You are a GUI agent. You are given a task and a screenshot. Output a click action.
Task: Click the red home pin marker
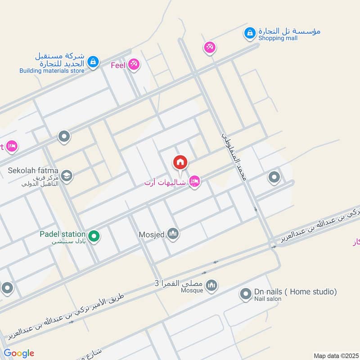point(180,162)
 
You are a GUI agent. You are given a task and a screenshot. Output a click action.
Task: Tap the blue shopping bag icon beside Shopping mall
point(249,32)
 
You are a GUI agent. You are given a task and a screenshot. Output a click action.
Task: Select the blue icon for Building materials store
point(93,61)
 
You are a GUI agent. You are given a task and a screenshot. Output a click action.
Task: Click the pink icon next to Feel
point(133,65)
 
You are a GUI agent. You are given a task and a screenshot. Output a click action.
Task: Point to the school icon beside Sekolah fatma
point(67,175)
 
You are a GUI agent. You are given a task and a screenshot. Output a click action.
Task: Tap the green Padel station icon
point(94,235)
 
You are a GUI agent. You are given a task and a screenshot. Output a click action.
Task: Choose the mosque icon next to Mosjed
point(173,234)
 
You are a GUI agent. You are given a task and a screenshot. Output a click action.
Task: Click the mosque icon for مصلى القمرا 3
point(211,285)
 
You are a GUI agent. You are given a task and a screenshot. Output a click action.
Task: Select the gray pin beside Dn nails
point(245,295)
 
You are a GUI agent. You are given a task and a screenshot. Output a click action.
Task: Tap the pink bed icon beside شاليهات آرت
point(194,181)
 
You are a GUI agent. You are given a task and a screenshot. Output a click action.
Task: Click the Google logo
point(18,353)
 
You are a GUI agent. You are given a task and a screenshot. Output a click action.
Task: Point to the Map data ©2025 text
point(336,355)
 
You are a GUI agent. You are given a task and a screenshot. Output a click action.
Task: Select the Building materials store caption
point(52,71)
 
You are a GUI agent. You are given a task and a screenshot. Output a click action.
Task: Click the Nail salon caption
point(267,299)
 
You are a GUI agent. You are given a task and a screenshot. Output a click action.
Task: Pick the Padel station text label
point(62,234)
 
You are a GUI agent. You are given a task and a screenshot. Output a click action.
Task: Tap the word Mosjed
point(152,234)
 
